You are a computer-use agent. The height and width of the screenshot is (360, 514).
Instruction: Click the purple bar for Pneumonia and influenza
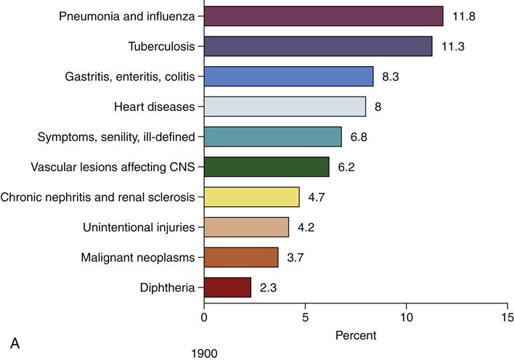(x=324, y=16)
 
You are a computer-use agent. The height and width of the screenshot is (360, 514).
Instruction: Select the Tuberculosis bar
(x=318, y=46)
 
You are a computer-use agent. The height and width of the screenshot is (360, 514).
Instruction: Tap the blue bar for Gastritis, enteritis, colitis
(x=288, y=76)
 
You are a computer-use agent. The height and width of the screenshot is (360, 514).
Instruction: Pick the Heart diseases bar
(x=285, y=107)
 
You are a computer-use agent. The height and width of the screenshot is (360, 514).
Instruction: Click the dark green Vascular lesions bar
(x=266, y=167)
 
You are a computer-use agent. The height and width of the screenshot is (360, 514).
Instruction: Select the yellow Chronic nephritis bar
(x=251, y=197)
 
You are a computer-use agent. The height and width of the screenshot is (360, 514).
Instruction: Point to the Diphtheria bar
(x=227, y=287)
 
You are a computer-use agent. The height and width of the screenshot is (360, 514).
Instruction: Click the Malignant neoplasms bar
(x=241, y=258)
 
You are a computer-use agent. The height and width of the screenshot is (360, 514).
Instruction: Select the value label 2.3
(x=267, y=288)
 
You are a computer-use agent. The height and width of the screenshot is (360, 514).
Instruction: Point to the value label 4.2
(x=306, y=228)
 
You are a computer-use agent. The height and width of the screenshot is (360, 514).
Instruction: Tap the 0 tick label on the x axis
(x=204, y=318)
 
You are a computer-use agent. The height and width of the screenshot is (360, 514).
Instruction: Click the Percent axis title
(x=356, y=336)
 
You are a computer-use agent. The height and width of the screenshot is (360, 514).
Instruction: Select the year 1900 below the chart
(x=205, y=353)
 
